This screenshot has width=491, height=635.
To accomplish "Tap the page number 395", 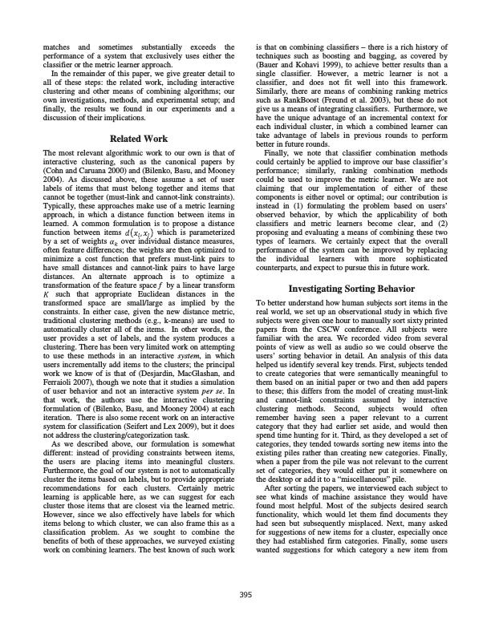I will (245, 594).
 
